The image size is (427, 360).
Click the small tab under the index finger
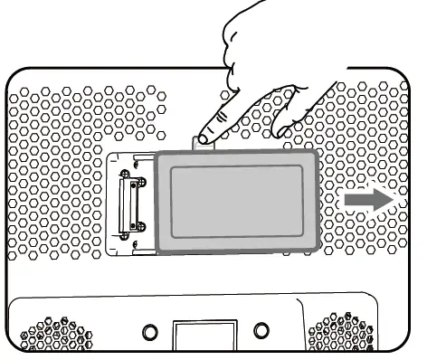[x=195, y=145]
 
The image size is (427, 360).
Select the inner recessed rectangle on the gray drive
[x=237, y=199]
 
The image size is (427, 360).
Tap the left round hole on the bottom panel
[x=150, y=327]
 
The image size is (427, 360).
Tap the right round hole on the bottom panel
[x=261, y=327]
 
